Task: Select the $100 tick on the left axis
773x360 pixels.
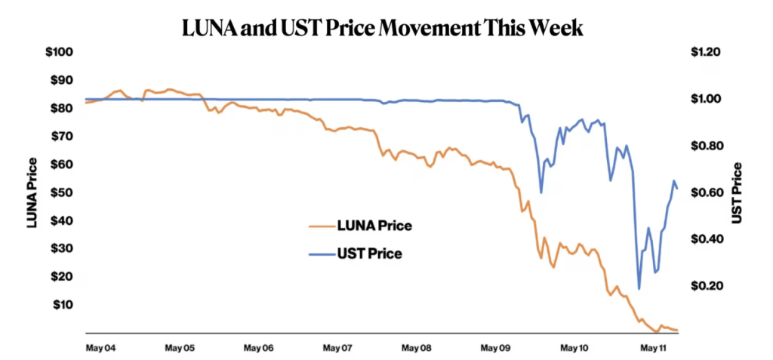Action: pos(60,52)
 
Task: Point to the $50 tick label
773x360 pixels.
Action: pos(62,192)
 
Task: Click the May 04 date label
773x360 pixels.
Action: pos(100,349)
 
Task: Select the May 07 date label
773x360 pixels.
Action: pos(337,349)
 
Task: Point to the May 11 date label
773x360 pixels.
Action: pos(654,349)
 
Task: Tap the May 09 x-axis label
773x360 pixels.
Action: pos(495,349)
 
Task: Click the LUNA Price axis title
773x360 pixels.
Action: pos(32,192)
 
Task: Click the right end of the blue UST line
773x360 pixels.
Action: pos(677,188)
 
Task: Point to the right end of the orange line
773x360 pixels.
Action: pos(678,331)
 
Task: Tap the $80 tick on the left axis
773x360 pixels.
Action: pos(62,108)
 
